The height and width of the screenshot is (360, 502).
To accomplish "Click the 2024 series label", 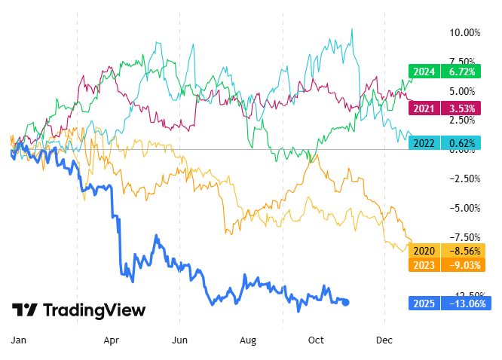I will [x=423, y=72].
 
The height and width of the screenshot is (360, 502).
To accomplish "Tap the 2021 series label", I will [x=423, y=109].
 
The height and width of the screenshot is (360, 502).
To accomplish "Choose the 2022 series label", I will [x=423, y=142].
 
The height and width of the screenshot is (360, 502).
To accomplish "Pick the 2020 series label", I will [x=423, y=251].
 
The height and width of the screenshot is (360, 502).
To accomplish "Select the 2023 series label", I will [x=423, y=264].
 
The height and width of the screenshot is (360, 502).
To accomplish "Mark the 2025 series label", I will [x=423, y=304].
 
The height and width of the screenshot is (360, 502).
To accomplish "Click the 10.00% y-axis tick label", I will [x=464, y=32].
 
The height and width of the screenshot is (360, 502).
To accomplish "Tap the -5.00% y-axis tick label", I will [x=464, y=208].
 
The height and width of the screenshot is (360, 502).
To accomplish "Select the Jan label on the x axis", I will [x=18, y=340].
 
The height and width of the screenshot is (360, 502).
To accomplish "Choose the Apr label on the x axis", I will [x=112, y=340].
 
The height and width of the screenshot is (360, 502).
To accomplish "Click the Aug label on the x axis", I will [x=248, y=340].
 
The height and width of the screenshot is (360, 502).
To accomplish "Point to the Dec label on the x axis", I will [x=385, y=340].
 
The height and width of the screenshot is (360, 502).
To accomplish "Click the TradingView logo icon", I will [x=25, y=310].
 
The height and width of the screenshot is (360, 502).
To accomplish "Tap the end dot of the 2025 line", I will [x=346, y=302].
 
